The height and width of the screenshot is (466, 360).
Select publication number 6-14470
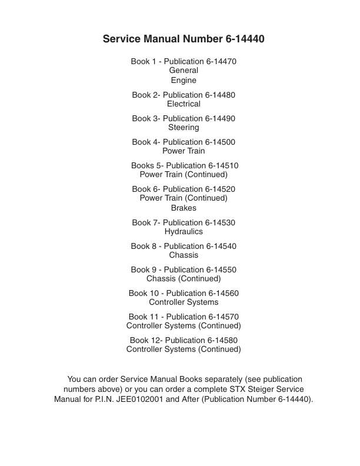(x=221, y=61)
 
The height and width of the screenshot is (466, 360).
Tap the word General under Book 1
(x=184, y=71)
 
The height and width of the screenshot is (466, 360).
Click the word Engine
(x=184, y=81)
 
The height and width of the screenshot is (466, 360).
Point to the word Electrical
(x=184, y=104)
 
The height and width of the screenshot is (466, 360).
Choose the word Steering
(x=184, y=128)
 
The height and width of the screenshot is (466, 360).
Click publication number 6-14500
(x=220, y=142)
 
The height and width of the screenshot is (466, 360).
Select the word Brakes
(x=184, y=208)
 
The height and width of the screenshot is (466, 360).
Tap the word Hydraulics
(x=184, y=232)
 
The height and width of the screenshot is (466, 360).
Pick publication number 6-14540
(x=221, y=246)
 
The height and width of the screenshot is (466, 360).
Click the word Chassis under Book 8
(x=184, y=255)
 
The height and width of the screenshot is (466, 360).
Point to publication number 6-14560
(x=223, y=293)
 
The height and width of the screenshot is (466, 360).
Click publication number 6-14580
(x=222, y=340)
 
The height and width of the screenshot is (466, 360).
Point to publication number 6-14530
(x=220, y=222)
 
